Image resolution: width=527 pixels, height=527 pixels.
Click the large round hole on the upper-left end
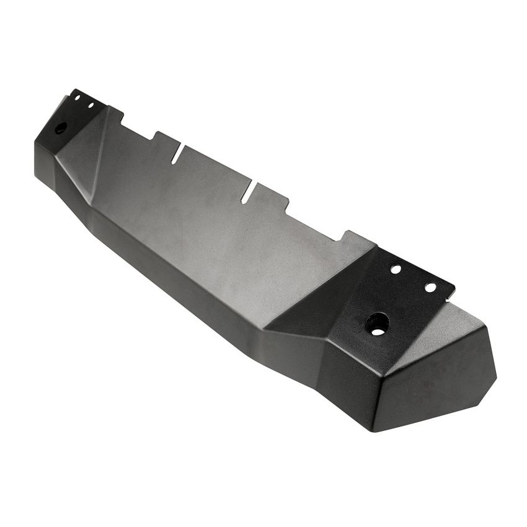coord(61,128)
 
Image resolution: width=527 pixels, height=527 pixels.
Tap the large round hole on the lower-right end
coord(377,323)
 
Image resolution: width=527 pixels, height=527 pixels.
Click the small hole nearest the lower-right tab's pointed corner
coord(430,287)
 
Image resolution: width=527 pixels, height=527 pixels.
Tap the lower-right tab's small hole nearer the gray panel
coord(396,270)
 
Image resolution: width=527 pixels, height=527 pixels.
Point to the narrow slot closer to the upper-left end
coord(179,154)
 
